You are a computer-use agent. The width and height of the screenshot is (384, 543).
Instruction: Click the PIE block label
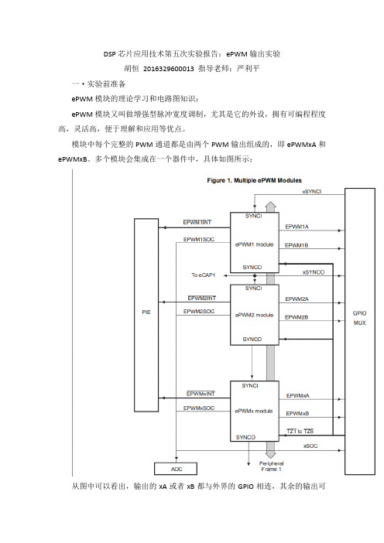[x=146, y=312]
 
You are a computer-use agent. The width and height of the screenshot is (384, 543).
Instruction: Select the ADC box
[x=176, y=469]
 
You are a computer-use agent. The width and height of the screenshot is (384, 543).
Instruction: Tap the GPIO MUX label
[x=359, y=318]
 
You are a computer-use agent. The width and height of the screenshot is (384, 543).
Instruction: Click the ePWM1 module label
[x=255, y=244]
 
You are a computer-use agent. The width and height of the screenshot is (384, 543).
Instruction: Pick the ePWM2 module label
[x=255, y=315]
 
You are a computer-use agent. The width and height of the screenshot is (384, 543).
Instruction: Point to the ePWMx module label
[x=254, y=411]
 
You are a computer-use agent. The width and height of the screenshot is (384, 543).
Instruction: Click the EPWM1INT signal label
[x=197, y=222]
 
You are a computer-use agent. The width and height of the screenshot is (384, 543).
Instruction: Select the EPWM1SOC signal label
[x=199, y=239]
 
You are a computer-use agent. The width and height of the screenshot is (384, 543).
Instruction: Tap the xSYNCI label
[x=312, y=192]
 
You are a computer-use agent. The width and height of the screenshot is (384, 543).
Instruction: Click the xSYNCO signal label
[x=314, y=272]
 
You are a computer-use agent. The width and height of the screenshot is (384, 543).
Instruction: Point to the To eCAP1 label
[x=204, y=275]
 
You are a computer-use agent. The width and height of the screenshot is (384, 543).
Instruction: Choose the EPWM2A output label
[x=297, y=299]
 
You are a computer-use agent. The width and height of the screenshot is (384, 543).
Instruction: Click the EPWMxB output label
[x=298, y=414]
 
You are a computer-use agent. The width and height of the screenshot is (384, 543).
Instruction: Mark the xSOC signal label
[x=310, y=446]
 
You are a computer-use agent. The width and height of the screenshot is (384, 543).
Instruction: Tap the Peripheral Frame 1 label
[x=272, y=466]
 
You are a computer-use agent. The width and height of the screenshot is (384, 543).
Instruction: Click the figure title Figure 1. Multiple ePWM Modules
[x=255, y=180]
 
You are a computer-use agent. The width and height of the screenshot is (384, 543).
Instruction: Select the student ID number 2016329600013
[x=169, y=69]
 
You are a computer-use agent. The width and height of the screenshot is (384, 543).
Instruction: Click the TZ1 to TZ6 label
[x=300, y=431]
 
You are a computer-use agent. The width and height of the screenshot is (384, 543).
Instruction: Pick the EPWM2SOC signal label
[x=199, y=311]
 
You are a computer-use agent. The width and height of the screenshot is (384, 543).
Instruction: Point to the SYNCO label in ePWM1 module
[x=252, y=268]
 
